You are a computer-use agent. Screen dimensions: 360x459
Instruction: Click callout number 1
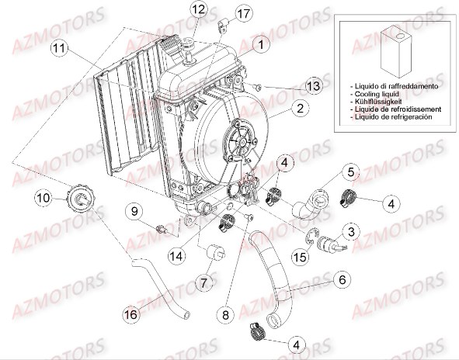pos(261,45)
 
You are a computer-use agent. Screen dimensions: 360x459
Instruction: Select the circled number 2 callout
pos(297,109)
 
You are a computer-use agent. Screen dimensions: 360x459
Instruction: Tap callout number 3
pos(351,232)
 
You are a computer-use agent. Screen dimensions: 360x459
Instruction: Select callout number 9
pos(134,212)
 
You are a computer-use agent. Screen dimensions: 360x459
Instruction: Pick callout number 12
pos(198,10)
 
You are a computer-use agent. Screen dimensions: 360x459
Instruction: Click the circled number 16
pos(131,313)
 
